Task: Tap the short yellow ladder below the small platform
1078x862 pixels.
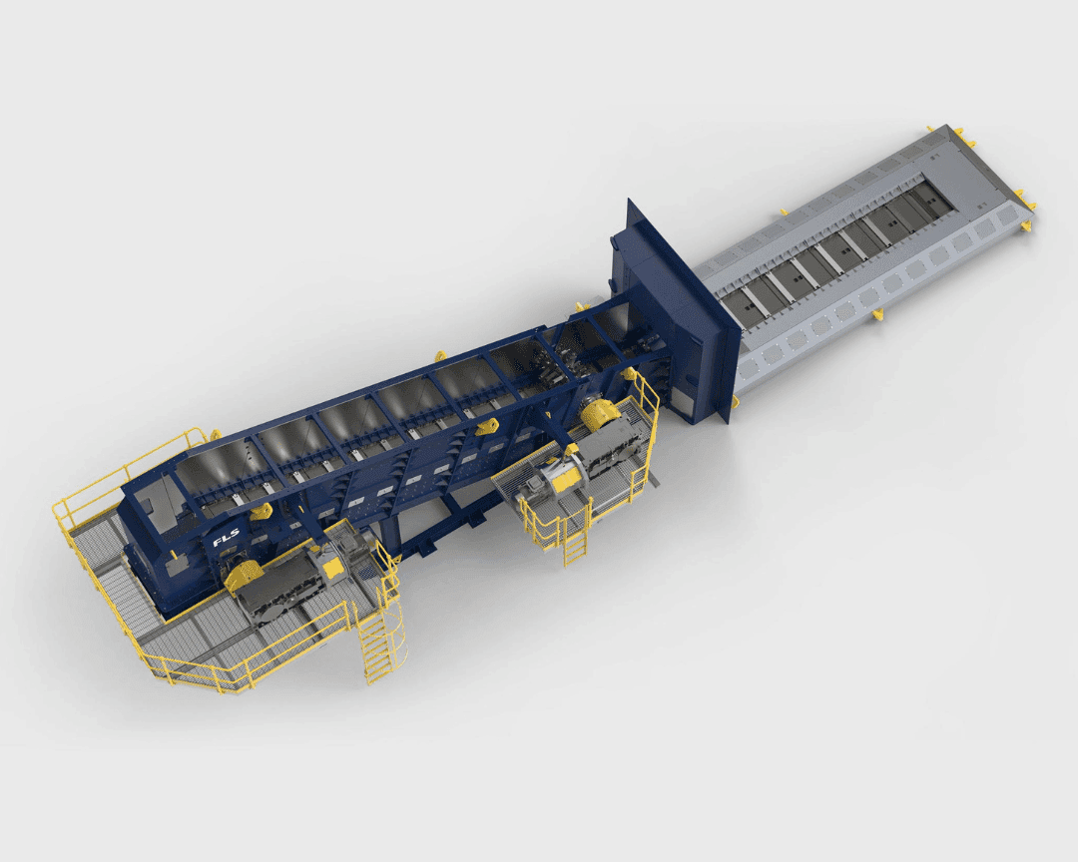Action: tap(575, 540)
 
